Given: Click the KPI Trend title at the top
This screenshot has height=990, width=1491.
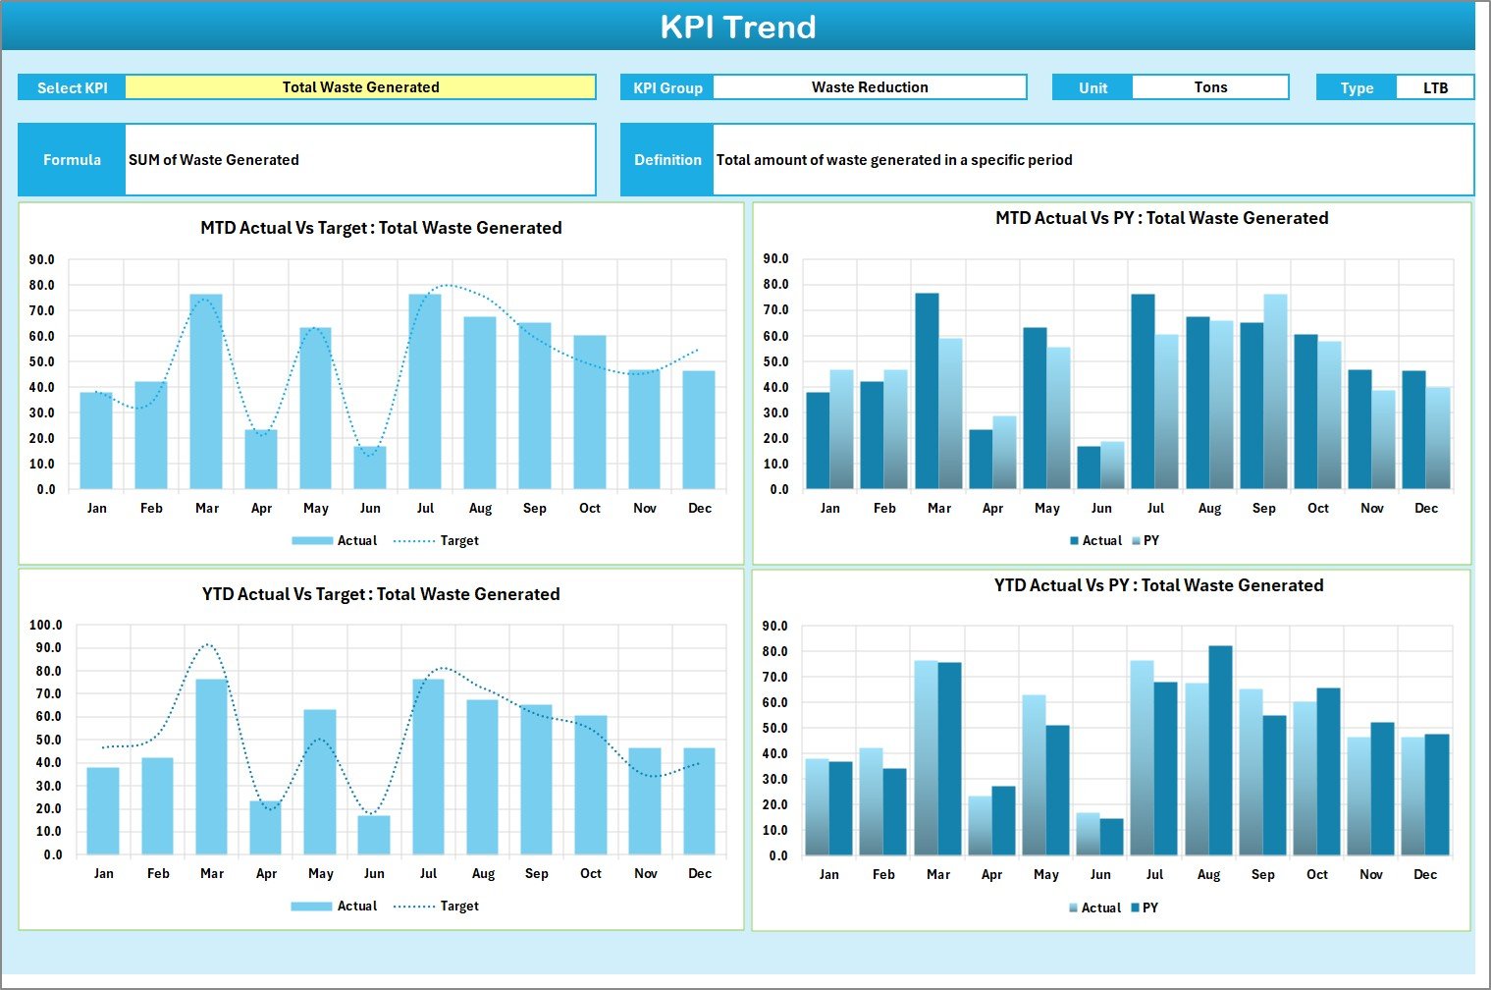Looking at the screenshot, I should [x=738, y=27].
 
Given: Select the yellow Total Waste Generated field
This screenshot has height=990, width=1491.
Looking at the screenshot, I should [x=360, y=87].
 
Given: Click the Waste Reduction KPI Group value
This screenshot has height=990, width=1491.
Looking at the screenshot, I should [x=870, y=87].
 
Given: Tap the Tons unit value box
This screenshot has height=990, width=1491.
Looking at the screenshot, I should [x=1210, y=87].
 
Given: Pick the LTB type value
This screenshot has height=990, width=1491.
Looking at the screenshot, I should [x=1435, y=88].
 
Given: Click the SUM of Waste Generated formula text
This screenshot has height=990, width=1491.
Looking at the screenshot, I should [x=214, y=160].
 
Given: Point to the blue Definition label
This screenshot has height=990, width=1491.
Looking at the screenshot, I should [x=667, y=160].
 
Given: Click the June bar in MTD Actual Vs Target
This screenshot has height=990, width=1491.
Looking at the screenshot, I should [x=370, y=467].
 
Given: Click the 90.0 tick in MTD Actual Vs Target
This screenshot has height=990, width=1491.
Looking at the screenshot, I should [x=42, y=260].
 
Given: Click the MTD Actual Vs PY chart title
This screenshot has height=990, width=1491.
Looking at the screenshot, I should [x=1161, y=218].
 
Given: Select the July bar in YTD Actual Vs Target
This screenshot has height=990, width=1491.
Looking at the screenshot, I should [x=428, y=766].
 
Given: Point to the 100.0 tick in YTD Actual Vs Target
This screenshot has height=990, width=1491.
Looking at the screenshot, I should [x=46, y=626].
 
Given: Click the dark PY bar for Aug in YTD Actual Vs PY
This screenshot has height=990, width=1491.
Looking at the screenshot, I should [x=1220, y=750].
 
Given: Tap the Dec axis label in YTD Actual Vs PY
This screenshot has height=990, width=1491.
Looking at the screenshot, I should [x=1425, y=874].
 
